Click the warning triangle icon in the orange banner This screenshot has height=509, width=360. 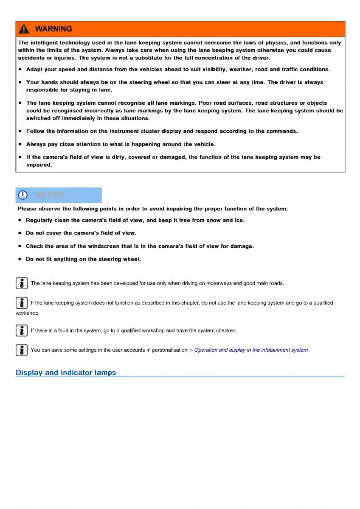[x=24, y=29]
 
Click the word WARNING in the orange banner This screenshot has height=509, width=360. [x=53, y=29]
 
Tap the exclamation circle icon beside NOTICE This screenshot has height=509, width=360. [x=23, y=195]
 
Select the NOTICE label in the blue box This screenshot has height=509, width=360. [x=49, y=195]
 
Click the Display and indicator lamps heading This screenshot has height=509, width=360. [x=66, y=373]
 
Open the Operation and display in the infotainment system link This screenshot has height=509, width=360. [x=251, y=350]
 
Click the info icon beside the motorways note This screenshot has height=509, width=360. [x=22, y=283]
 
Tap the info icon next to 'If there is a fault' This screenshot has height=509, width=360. [x=22, y=330]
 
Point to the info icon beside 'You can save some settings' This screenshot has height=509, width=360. [x=22, y=350]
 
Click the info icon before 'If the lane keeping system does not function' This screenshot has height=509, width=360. [x=22, y=302]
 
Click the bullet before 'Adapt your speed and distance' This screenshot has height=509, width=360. [x=20, y=69]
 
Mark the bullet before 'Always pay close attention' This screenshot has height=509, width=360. [x=20, y=144]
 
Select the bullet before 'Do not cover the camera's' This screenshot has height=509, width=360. [x=20, y=233]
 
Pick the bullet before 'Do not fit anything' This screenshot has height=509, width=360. [x=20, y=259]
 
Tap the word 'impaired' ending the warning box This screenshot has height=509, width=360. [x=38, y=165]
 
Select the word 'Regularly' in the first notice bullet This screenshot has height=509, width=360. [x=39, y=220]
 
